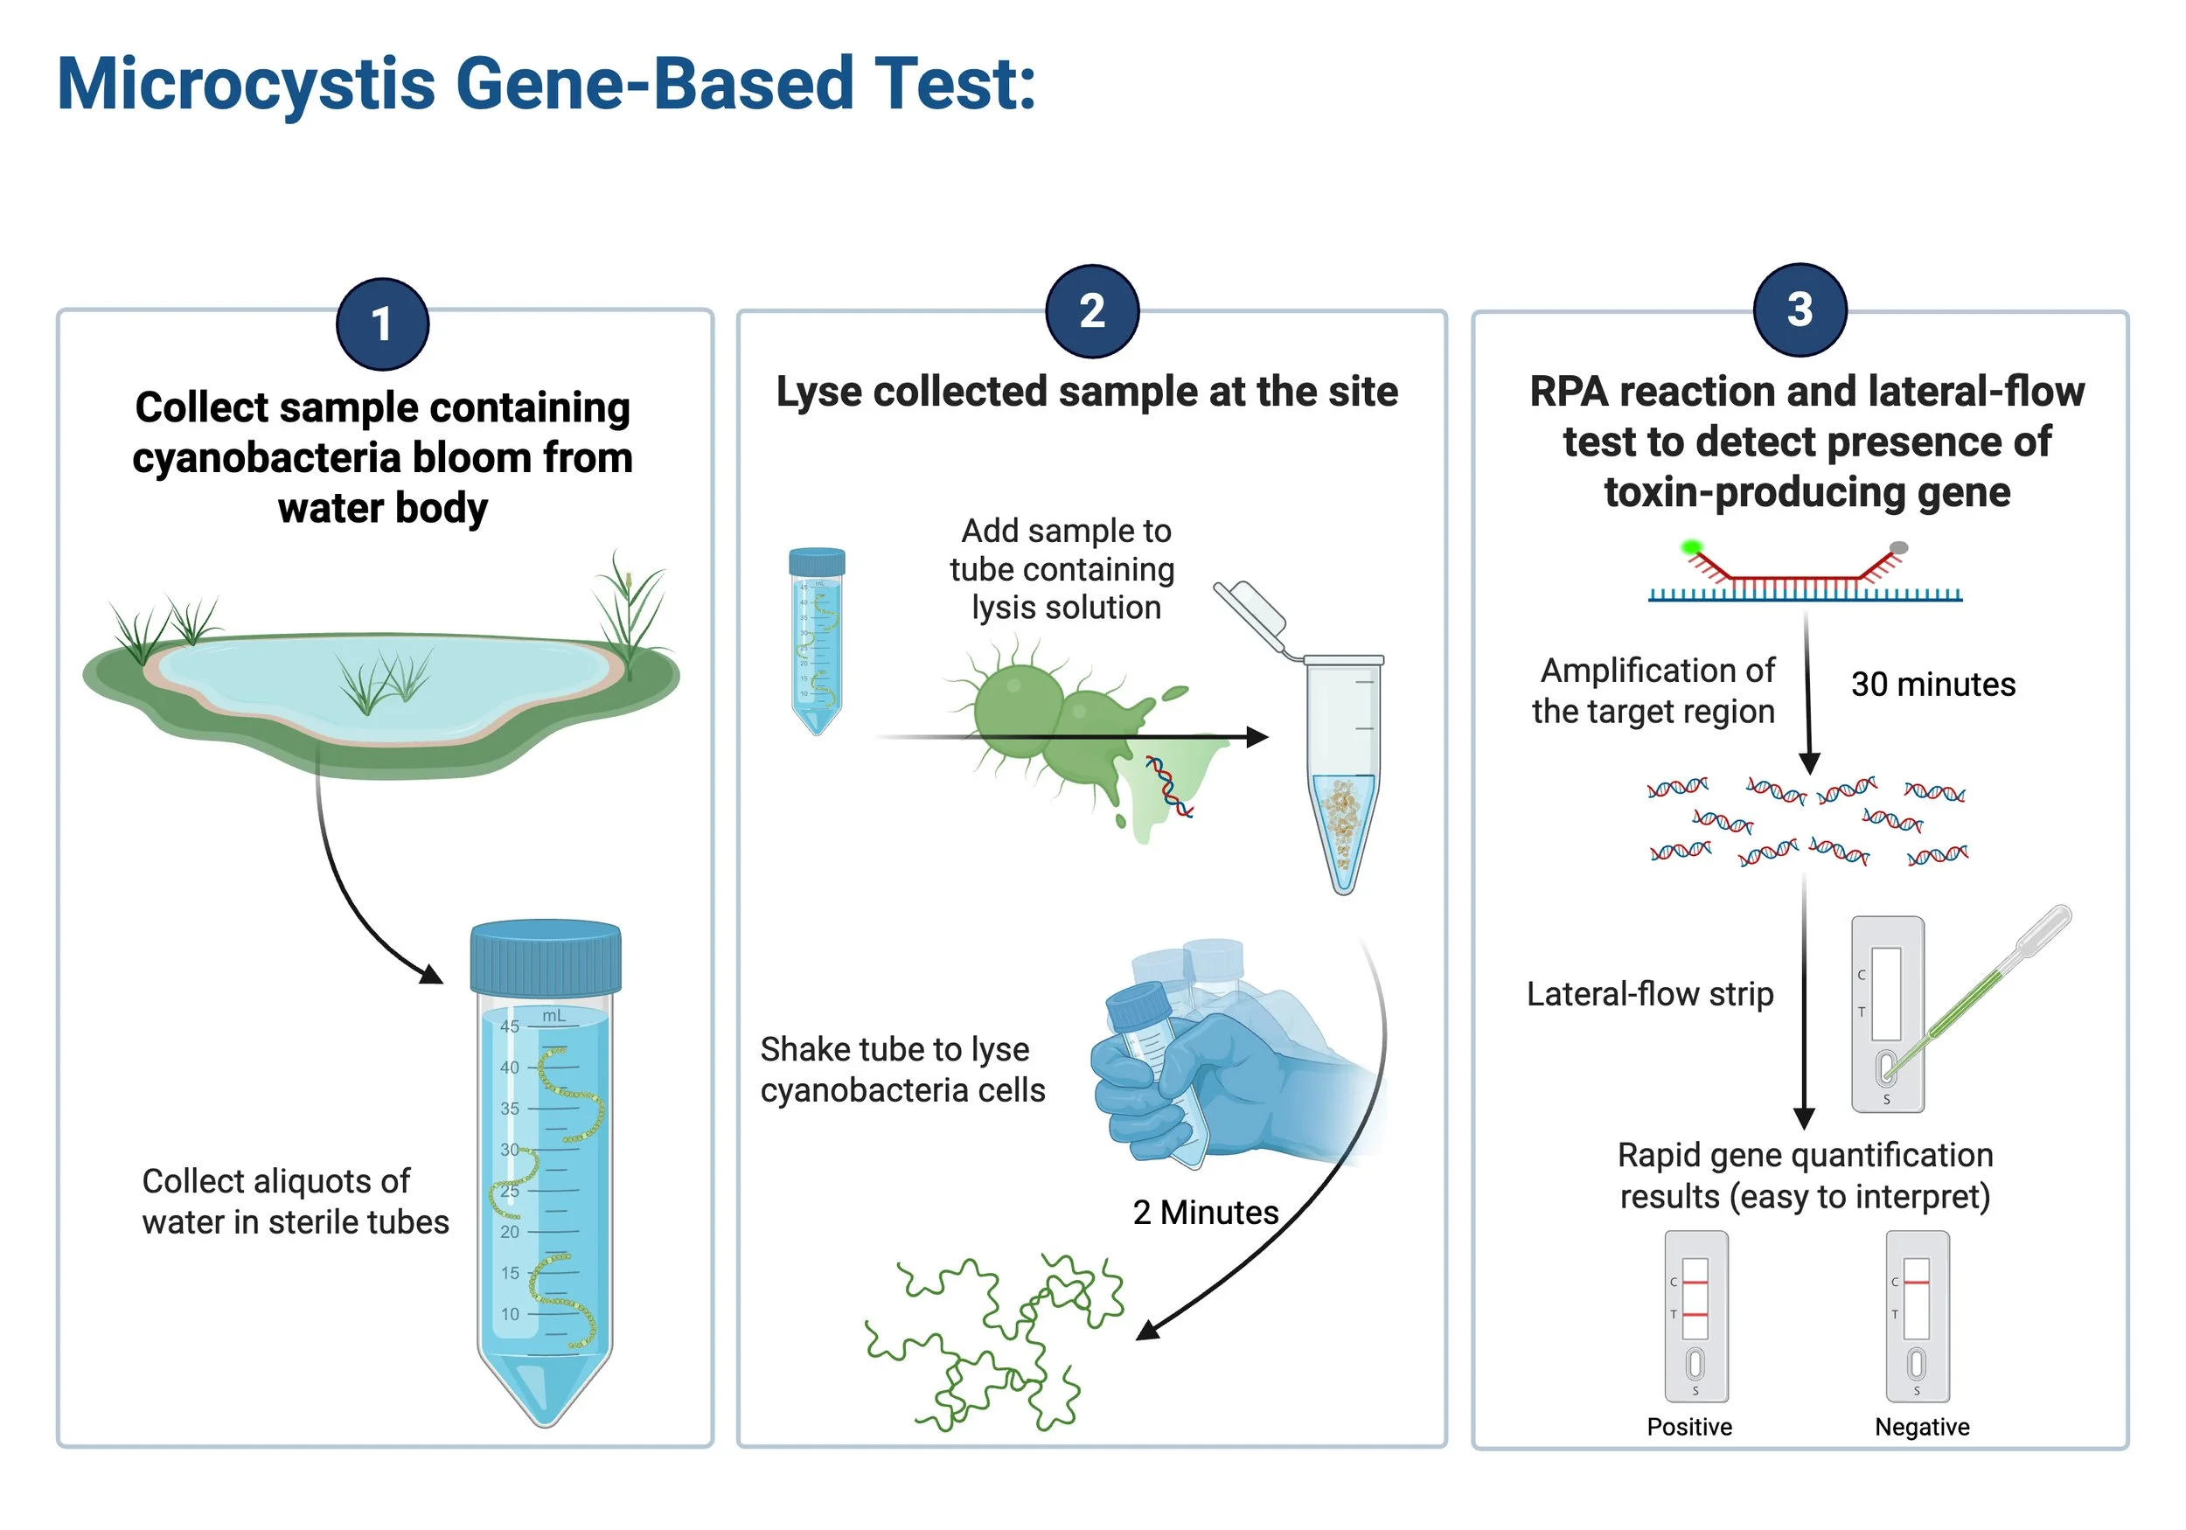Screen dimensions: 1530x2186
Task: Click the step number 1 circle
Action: click(382, 324)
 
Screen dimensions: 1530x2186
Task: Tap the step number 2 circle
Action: click(1092, 311)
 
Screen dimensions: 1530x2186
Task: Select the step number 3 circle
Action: click(1800, 309)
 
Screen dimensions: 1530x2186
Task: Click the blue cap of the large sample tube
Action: click(546, 956)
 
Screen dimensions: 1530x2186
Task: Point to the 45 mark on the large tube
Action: click(510, 1026)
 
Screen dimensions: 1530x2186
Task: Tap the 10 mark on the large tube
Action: click(511, 1314)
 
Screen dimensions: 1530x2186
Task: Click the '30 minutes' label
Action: click(1932, 685)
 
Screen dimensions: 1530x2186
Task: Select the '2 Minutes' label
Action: click(1205, 1212)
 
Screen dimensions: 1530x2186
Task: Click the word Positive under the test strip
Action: click(1689, 1426)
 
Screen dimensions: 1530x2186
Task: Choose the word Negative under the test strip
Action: click(1921, 1426)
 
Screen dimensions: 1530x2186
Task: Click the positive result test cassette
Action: click(1695, 1316)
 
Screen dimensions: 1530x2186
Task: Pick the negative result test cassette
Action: click(1918, 1316)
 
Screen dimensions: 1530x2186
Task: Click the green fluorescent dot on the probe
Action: click(1691, 547)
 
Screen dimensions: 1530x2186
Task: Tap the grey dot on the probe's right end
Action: click(1898, 547)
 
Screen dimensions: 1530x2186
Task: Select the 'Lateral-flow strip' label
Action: click(1650, 994)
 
